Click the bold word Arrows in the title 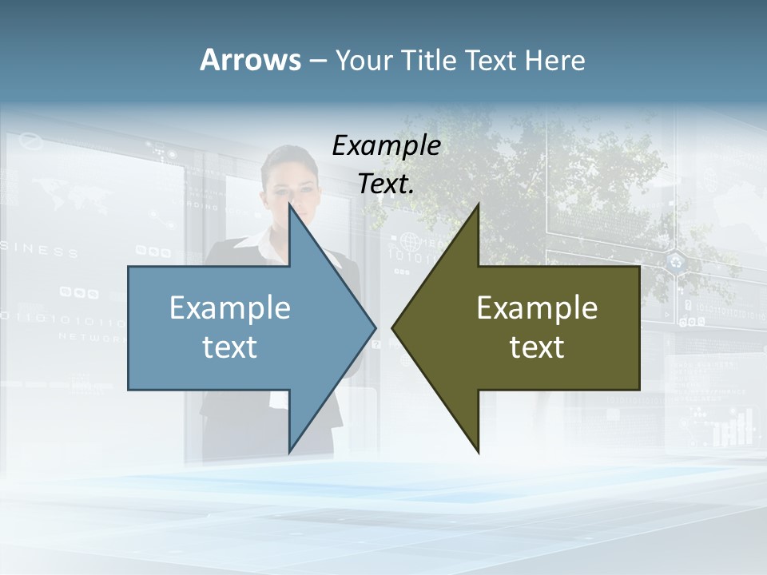click(250, 60)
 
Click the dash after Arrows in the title click(317, 61)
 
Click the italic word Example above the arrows click(386, 146)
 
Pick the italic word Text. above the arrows click(386, 184)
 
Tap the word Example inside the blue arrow click(230, 308)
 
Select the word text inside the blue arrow click(230, 347)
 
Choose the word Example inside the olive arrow click(537, 308)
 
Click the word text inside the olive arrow click(537, 347)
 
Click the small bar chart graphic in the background click(733, 428)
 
